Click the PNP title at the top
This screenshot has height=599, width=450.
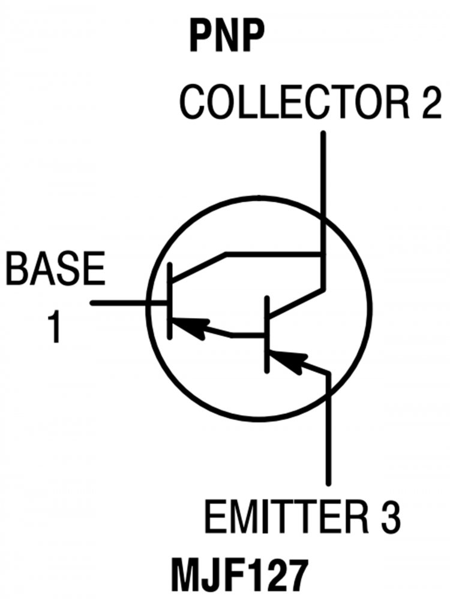tap(227, 37)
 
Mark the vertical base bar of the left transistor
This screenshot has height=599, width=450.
tap(170, 302)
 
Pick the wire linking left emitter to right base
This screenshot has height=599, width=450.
tap(246, 334)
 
